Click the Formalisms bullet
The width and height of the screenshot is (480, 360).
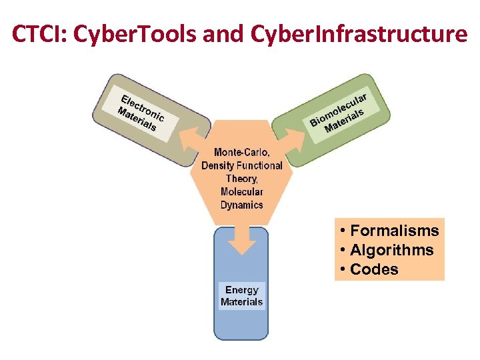[x=389, y=231]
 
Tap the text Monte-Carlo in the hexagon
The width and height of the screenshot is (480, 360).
[x=241, y=152]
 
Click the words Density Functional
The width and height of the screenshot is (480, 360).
[x=241, y=165]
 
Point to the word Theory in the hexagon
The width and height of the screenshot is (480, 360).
[x=241, y=179]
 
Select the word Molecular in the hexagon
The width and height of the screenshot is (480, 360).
[x=241, y=192]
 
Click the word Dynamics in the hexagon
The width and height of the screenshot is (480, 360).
[x=241, y=205]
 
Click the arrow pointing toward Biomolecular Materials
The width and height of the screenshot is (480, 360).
[x=291, y=137]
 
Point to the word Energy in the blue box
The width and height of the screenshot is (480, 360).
[x=241, y=290]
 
